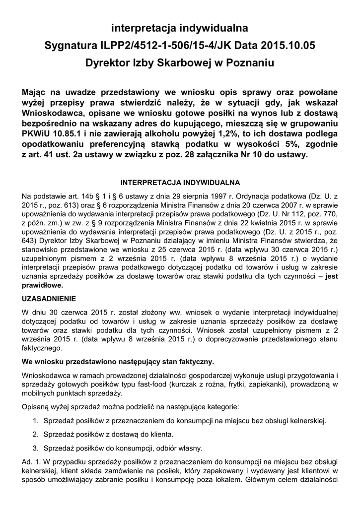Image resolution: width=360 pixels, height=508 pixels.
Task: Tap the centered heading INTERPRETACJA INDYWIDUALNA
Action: point(181,183)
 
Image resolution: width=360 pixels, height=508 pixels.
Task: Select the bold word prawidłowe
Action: point(43,286)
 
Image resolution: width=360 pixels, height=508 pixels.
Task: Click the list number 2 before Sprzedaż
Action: point(35,435)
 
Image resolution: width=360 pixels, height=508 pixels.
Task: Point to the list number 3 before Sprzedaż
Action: point(35,448)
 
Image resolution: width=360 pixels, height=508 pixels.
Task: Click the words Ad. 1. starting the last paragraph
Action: point(32,462)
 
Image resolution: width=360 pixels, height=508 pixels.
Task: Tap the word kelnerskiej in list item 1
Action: point(308,421)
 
